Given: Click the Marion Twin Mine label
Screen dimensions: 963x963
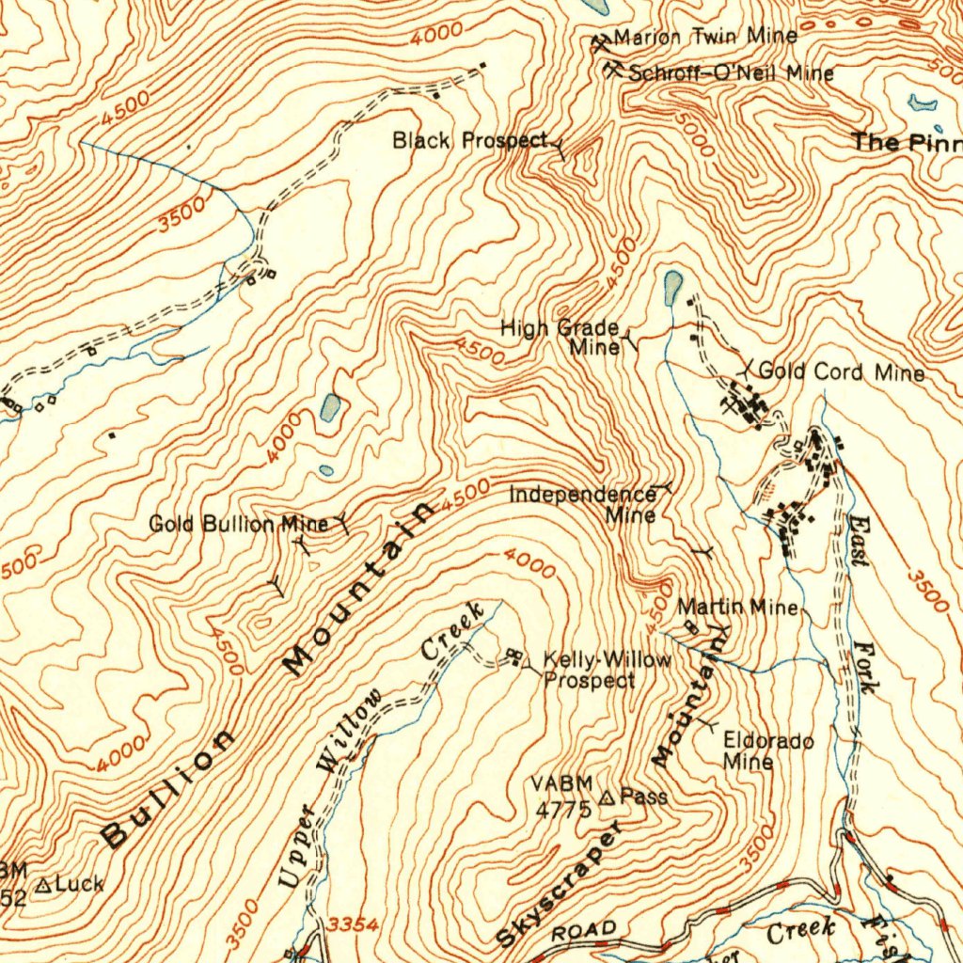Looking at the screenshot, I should [705, 38].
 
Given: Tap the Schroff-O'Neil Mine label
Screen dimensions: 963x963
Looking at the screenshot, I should [731, 72].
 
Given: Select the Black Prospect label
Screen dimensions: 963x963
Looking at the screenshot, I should [469, 141].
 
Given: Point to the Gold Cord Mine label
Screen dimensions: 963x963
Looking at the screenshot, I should [841, 372].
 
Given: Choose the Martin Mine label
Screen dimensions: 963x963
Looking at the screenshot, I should [737, 608].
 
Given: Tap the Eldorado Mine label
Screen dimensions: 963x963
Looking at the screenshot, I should [767, 750].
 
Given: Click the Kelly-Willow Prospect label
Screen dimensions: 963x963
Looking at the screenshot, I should [608, 670].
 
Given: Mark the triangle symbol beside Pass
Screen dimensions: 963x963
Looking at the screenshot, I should [607, 797].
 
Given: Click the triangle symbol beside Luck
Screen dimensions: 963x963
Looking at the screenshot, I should [44, 885].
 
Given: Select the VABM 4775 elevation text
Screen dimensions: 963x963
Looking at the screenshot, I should [562, 796].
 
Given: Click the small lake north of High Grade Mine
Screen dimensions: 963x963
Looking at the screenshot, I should [673, 287].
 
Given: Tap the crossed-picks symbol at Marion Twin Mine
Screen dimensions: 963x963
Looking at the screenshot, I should [602, 40].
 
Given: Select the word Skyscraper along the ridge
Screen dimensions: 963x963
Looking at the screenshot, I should [560, 883].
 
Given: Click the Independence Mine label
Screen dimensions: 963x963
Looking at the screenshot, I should [583, 504].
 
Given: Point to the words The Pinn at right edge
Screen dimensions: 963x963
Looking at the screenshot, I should [907, 142].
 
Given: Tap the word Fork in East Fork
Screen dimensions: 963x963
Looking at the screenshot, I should [865, 668].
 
